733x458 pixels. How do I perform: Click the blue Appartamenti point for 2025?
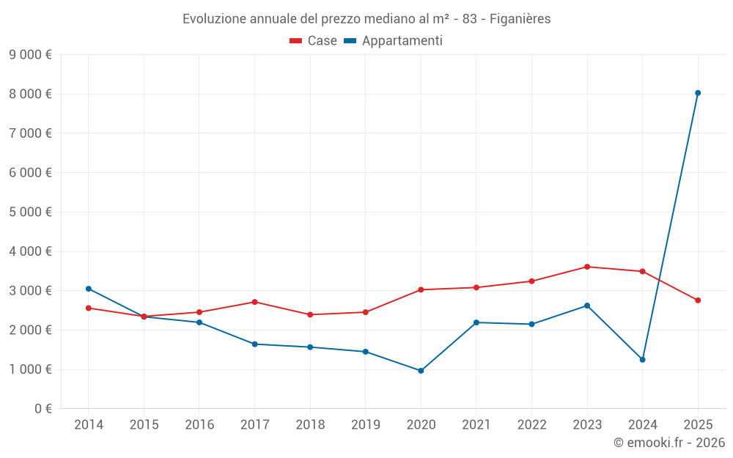click(698, 93)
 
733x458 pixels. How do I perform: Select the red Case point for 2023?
click(587, 267)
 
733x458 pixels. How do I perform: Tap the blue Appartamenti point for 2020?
click(421, 371)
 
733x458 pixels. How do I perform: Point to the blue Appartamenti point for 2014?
click(89, 289)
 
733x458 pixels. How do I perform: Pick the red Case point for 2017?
click(254, 302)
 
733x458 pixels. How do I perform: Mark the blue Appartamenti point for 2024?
click(643, 360)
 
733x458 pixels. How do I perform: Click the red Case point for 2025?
click(698, 300)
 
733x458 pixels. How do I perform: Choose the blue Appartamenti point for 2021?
click(476, 322)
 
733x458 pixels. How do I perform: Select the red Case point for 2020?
click(421, 289)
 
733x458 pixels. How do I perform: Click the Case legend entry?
click(314, 41)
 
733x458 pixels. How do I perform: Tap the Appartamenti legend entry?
click(394, 41)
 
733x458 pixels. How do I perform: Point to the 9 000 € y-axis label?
click(30, 54)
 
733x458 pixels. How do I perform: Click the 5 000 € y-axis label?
click(30, 212)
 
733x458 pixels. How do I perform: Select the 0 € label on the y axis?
click(43, 409)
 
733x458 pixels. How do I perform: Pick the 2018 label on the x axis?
click(310, 425)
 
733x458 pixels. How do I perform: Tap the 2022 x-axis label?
click(531, 425)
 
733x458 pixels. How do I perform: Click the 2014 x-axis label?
click(89, 425)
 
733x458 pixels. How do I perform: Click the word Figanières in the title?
click(520, 19)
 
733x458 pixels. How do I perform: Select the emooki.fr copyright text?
click(669, 443)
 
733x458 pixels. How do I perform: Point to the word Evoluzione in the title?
click(213, 19)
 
